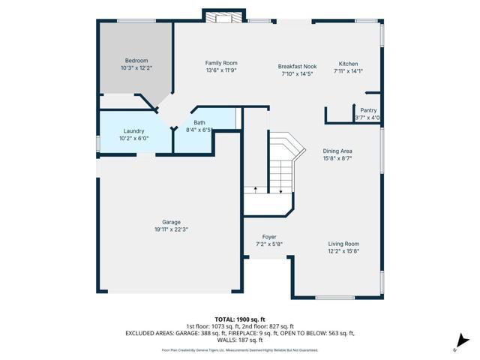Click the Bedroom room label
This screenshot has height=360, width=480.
click(136, 61)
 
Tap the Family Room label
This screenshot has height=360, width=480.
click(221, 63)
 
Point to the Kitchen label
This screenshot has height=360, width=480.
click(348, 64)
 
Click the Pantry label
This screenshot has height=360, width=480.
click(368, 110)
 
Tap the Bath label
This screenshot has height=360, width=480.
click(199, 123)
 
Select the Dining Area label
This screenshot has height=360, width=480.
click(337, 151)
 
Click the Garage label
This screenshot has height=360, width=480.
click(172, 222)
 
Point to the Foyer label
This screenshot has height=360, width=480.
click(269, 237)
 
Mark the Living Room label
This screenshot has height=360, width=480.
click(343, 244)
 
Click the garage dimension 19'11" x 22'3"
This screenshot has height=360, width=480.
click(172, 229)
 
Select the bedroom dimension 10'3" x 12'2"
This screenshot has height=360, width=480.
click(136, 68)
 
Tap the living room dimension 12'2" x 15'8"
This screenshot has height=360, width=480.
click(343, 251)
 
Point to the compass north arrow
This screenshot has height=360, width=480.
click(461, 342)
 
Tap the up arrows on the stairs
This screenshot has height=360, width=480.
click(256, 188)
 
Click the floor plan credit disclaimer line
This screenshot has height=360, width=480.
click(239, 349)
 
